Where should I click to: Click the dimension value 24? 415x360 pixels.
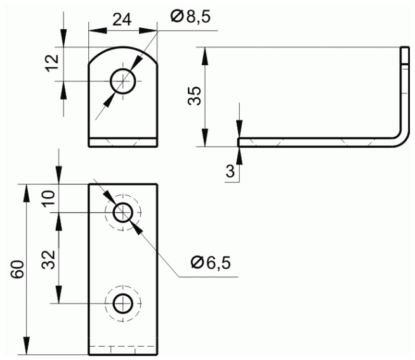122,20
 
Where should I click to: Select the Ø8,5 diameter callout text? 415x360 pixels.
190,16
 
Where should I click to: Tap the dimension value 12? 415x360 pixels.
52,63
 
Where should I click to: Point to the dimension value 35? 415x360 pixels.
195,96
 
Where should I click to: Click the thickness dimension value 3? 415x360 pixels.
230,170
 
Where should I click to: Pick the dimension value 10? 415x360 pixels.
49,198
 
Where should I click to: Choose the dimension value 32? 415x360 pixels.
49,260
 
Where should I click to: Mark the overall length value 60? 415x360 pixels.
18,269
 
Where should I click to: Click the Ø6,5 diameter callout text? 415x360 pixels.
211,263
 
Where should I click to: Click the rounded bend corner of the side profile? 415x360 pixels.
404,141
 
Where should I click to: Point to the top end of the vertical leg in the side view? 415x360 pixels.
405,47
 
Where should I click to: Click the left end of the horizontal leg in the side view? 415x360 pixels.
239,142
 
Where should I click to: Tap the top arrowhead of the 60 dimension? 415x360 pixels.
26,193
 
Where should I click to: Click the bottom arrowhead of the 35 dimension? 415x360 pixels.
205,138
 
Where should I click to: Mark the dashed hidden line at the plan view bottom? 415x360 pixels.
122,346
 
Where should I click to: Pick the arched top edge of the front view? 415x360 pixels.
123,47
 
